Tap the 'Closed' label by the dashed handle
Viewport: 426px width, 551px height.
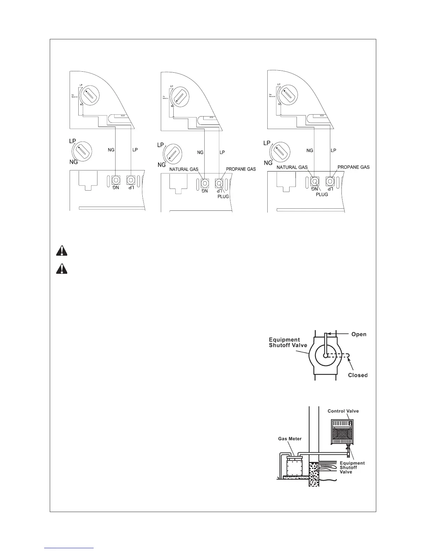click(x=358, y=375)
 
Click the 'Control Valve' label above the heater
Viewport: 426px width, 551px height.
click(x=343, y=411)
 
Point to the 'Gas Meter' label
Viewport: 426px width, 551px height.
click(x=289, y=439)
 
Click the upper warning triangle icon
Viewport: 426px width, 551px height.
click(x=61, y=251)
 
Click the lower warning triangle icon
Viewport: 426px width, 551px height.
click(x=61, y=269)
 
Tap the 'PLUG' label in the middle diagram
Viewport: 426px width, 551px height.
click(x=223, y=197)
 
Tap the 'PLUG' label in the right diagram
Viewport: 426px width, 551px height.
click(x=322, y=194)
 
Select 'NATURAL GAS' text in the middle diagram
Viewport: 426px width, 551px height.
click(x=184, y=169)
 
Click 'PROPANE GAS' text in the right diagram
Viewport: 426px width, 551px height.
click(x=354, y=167)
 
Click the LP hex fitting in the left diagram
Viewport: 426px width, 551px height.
click(x=131, y=180)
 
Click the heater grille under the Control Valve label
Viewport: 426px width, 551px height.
click(x=342, y=434)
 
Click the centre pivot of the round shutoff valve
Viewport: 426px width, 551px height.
click(x=325, y=356)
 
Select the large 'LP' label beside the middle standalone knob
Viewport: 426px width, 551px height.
click(x=160, y=145)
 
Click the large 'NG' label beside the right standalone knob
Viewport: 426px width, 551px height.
click(x=268, y=163)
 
